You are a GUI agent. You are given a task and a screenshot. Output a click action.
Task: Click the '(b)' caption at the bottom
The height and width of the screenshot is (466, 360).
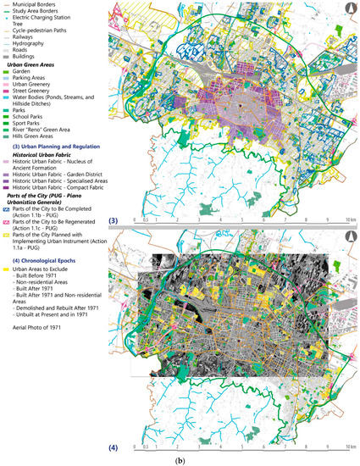click(x=180, y=459)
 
